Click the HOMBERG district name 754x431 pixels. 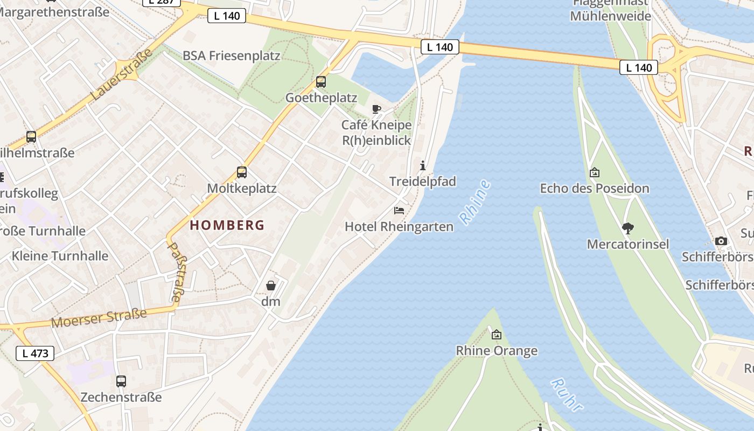pos(227,225)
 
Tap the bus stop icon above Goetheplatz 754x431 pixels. pos(321,82)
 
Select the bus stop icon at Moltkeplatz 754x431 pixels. pos(242,172)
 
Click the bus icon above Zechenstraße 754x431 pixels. pos(121,381)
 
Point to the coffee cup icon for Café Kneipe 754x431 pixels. pos(376,109)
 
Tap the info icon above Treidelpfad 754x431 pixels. pos(423,165)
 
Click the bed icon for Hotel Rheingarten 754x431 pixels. pos(399,210)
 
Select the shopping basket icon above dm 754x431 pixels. pos(271,286)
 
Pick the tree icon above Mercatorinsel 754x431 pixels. pos(627,228)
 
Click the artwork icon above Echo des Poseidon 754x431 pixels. pos(595,172)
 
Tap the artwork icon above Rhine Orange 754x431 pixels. pos(497,335)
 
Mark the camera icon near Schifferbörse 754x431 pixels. pos(721,241)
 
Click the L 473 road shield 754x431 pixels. pos(35,353)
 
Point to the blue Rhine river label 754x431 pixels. pos(475,202)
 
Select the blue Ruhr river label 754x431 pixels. pos(567,395)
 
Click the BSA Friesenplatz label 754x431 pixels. pos(232,55)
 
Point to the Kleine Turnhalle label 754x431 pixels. pos(60,255)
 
